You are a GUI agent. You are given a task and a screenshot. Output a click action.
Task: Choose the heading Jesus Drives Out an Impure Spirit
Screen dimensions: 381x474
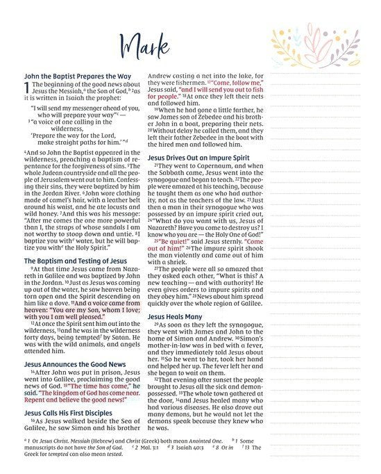203,157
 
